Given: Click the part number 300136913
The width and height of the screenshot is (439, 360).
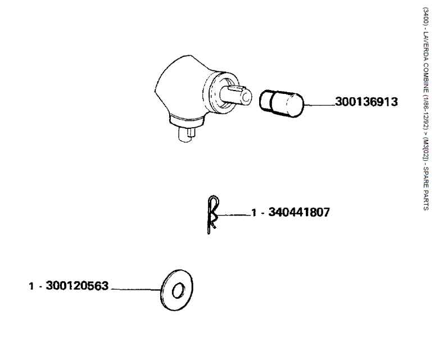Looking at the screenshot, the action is (366, 101).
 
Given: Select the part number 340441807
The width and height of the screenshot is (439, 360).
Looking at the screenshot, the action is (299, 212).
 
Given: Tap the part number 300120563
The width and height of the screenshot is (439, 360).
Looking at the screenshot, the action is (77, 286).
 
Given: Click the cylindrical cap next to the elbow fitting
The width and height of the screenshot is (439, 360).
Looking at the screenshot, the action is (281, 103).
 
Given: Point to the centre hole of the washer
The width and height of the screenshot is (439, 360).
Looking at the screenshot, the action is (178, 290).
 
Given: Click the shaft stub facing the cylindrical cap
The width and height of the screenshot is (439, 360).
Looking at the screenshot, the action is (236, 95).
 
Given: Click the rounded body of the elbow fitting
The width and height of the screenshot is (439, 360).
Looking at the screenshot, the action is (179, 87).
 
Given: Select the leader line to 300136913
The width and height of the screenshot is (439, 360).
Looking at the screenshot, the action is (319, 105).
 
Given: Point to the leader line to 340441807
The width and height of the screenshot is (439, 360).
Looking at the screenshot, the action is (233, 215).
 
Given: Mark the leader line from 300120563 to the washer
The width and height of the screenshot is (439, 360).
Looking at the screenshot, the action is (137, 289).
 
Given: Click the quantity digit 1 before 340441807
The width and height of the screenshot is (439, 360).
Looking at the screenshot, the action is (254, 213).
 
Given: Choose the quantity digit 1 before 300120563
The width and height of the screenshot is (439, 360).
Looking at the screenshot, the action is (31, 286).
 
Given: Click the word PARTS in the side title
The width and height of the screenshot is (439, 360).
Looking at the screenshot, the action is (426, 200).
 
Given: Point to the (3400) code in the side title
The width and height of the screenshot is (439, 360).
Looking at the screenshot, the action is (426, 16).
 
